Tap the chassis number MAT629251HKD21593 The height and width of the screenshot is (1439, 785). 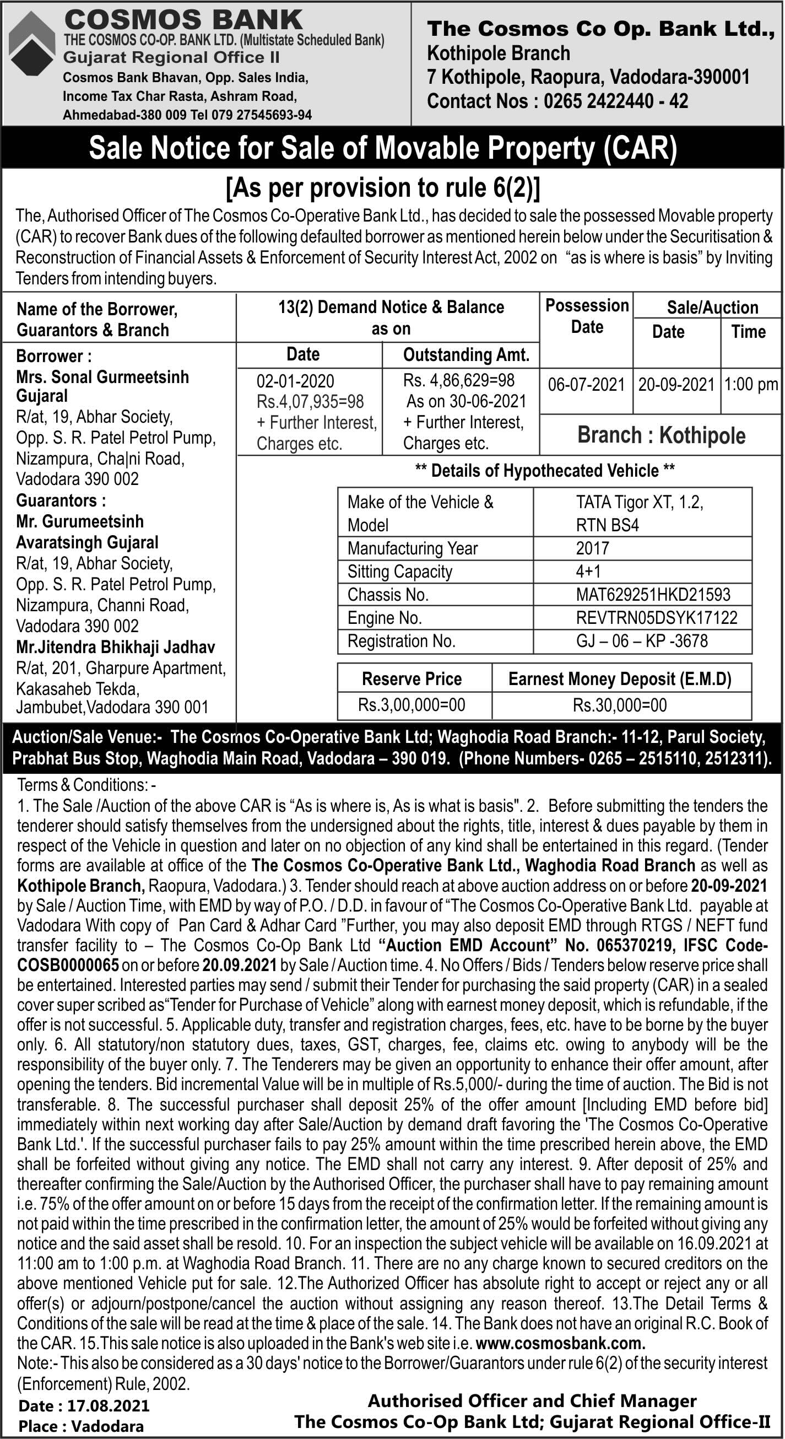(653, 594)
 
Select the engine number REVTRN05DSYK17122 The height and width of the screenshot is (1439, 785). (656, 617)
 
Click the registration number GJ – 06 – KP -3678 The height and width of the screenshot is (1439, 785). (642, 641)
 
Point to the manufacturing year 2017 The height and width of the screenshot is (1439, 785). (592, 548)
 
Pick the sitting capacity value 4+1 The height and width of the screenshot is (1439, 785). (588, 572)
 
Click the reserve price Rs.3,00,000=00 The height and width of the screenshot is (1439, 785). (412, 705)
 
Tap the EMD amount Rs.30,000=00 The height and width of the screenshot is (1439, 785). (619, 705)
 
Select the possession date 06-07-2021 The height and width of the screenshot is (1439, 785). (586, 385)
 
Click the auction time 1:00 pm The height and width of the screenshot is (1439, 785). (750, 384)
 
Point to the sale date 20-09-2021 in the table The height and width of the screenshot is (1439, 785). (676, 385)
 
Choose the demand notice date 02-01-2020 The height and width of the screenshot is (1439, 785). (295, 381)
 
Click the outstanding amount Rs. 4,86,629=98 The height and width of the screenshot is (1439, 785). (458, 380)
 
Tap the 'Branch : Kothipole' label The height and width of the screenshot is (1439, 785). (661, 435)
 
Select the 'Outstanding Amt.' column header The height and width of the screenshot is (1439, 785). (465, 355)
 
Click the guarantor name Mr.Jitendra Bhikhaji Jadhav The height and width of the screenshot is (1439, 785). (116, 647)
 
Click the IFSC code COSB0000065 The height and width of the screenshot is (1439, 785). (68, 965)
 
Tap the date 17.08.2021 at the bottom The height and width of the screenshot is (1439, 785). (109, 1405)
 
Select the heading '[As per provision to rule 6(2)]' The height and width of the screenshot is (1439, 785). (383, 188)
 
